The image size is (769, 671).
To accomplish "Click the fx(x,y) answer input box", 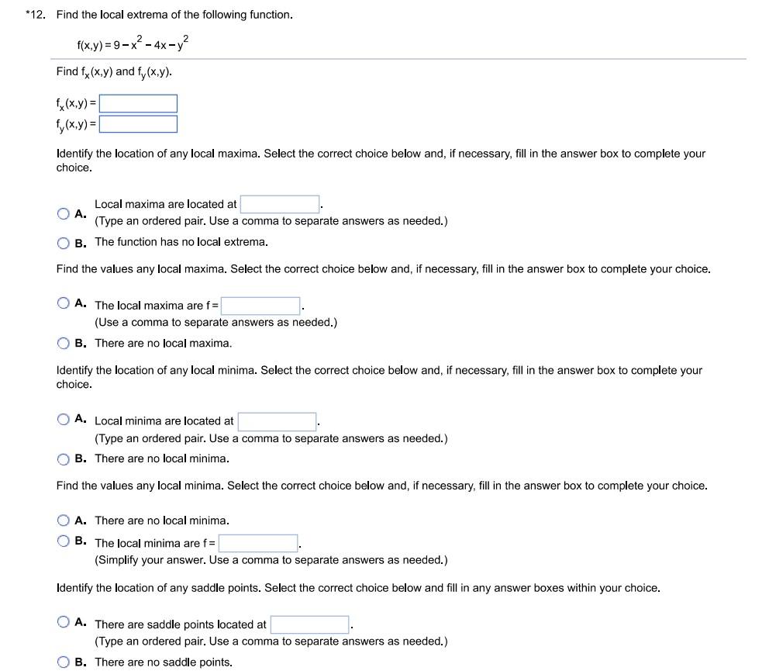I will [138, 104].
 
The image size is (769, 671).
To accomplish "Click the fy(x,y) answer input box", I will [138, 124].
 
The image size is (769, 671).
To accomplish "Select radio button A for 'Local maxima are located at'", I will [63, 213].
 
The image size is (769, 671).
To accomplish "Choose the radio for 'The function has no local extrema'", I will [63, 243].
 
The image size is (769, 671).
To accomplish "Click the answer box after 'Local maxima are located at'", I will [280, 205].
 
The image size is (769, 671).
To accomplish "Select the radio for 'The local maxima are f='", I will [63, 304].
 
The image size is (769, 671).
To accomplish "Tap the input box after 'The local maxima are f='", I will [260, 306].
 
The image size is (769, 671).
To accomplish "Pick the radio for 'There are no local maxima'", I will [63, 343].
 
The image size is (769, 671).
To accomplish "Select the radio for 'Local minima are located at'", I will [63, 420].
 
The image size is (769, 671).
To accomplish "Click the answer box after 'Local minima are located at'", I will [277, 421].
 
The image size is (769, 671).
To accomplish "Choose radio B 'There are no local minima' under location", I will [63, 459].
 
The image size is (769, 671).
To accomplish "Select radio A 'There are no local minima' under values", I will [63, 521].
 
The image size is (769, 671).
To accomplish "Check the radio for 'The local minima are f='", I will [63, 541].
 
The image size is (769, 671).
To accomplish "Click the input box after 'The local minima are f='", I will [258, 543].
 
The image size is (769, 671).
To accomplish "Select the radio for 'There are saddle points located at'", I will [63, 622].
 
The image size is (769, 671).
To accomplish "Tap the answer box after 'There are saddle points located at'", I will [310, 624].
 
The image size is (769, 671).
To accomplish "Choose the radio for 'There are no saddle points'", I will [63, 662].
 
